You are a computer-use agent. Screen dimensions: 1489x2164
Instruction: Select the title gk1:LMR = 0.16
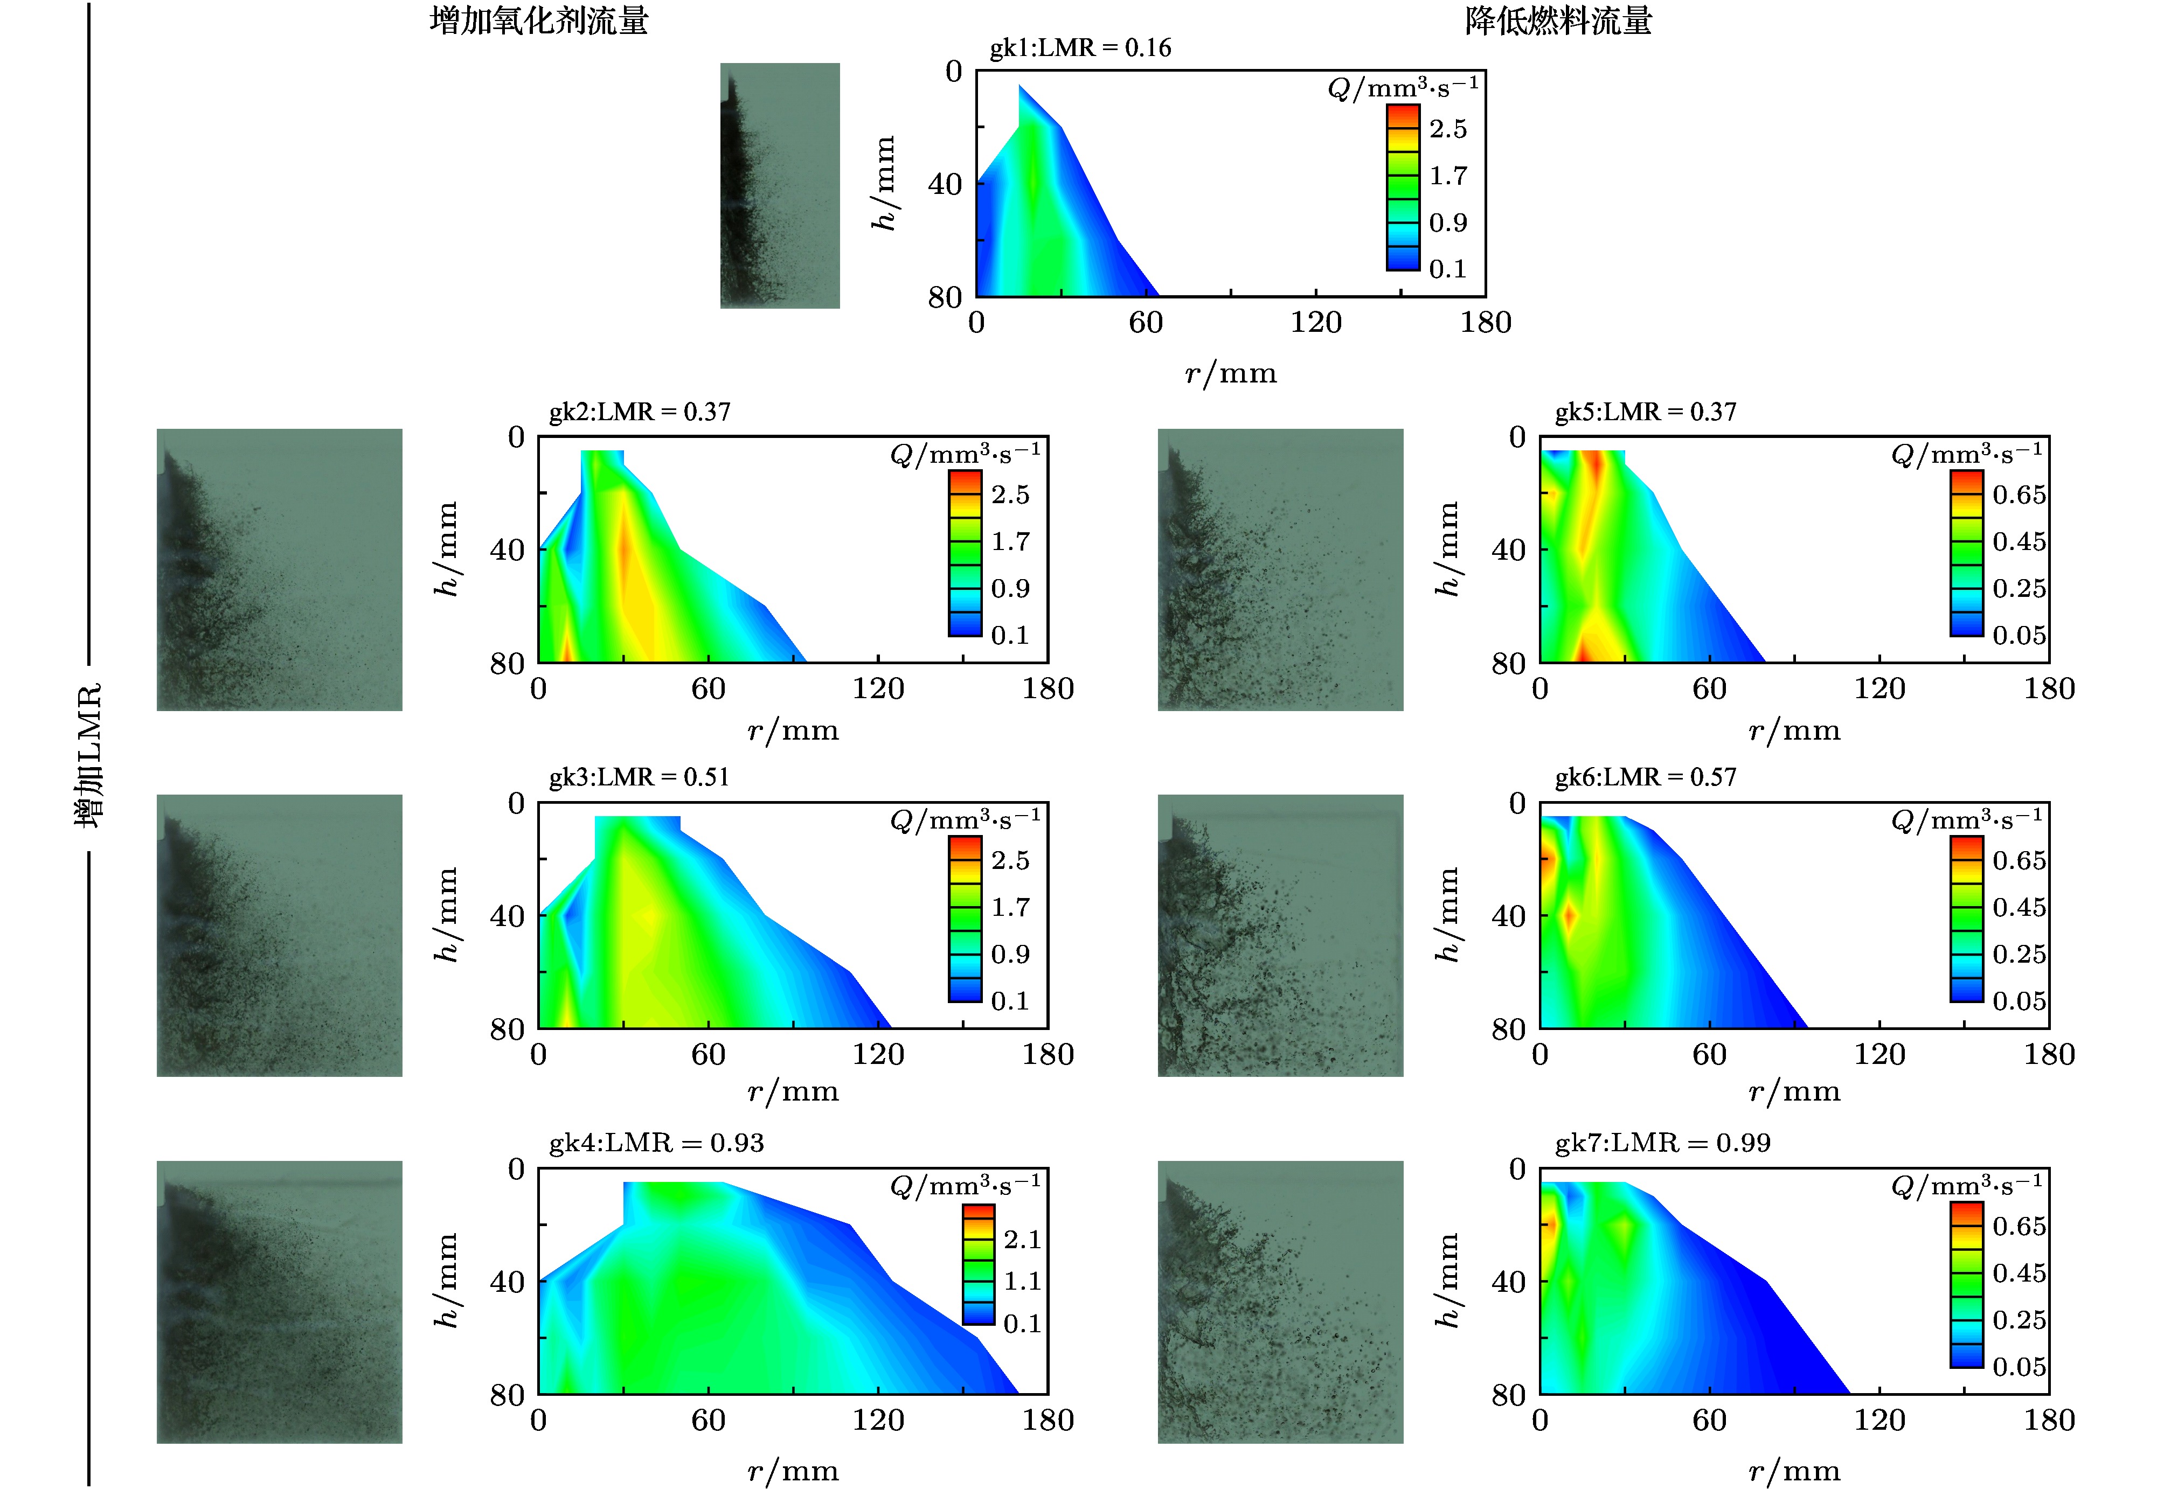click(x=1080, y=47)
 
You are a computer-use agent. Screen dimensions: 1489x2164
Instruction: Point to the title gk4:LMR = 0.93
click(x=656, y=1143)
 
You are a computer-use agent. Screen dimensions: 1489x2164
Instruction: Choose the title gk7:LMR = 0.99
click(x=1662, y=1143)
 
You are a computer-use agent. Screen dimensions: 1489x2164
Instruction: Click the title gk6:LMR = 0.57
click(x=1645, y=777)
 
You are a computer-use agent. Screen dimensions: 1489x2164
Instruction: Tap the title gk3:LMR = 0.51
click(x=639, y=777)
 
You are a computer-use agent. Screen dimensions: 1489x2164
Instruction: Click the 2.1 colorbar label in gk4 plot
click(x=1022, y=1239)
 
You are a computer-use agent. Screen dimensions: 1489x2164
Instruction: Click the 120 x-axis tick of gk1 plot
click(x=1316, y=323)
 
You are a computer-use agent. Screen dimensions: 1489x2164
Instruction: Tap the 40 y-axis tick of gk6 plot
click(x=1508, y=916)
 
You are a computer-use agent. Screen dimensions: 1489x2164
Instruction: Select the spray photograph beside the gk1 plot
click(x=779, y=185)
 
